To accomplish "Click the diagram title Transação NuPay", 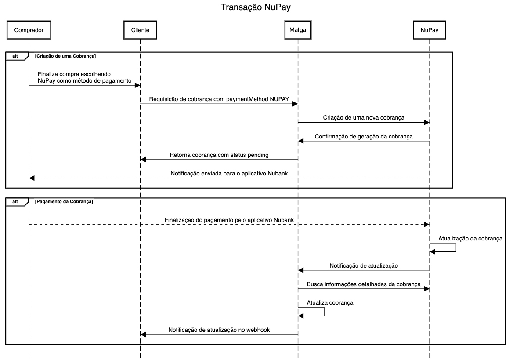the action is pos(256,7).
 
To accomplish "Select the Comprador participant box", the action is pos(29,30).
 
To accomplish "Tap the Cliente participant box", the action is pos(140,30).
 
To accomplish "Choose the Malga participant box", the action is pos(298,30).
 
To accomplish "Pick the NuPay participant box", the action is pos(430,30).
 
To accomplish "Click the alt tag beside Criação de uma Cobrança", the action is pos(15,56).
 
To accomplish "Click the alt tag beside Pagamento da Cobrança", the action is pos(15,202).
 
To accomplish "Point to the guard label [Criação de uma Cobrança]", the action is pos(65,56).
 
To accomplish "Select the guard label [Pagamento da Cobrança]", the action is pos(64,202).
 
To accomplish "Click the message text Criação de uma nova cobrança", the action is pos(364,118).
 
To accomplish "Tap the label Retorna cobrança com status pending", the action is pos(219,155).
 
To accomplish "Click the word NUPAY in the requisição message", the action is pos(279,99).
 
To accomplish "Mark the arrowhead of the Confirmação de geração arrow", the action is pos(300,141).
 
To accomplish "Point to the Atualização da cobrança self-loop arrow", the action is pos(456,247).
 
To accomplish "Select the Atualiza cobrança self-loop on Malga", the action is pos(324,312).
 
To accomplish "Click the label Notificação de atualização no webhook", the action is pos(219,330).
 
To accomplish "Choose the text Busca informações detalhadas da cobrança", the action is pos(364,284).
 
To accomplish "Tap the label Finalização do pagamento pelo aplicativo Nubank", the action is pos(229,220).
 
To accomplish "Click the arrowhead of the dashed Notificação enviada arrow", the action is pos(32,178).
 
